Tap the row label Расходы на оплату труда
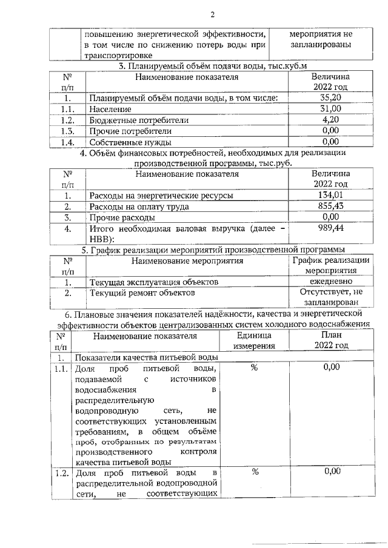[x=139, y=206]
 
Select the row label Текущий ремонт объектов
[x=142, y=293]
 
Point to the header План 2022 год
[x=331, y=340]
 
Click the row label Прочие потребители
[x=130, y=131]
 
